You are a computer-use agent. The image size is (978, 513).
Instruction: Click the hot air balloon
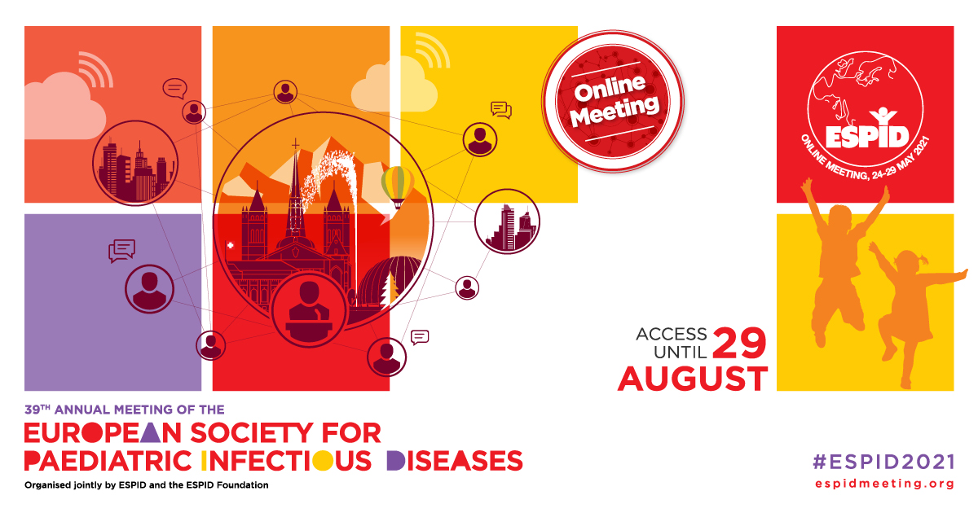tap(395, 184)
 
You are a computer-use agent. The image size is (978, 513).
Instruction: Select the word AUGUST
tap(692, 379)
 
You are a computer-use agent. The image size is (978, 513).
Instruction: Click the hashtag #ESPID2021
tap(883, 462)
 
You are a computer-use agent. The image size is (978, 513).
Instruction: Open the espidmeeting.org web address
tap(884, 484)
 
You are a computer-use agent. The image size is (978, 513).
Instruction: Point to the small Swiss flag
tap(229, 244)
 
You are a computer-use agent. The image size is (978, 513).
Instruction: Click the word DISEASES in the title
tap(453, 460)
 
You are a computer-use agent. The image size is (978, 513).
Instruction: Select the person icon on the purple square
tap(149, 289)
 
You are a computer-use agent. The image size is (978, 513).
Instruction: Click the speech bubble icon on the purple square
tap(121, 250)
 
